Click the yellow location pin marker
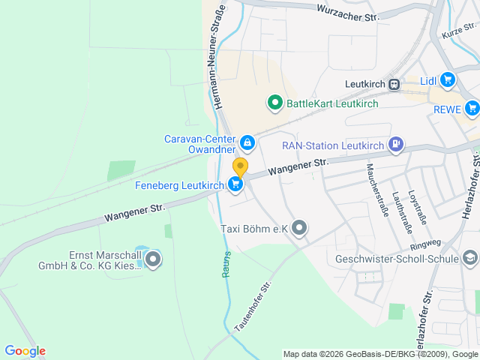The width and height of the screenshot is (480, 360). pyautogui.click(x=240, y=166)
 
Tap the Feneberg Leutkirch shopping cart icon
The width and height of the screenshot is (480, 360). pyautogui.click(x=236, y=184)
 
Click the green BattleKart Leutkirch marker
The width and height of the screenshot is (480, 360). pyautogui.click(x=274, y=103)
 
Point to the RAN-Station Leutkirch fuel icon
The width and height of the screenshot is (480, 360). pyautogui.click(x=395, y=144)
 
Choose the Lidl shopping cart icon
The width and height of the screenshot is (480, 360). pyautogui.click(x=448, y=79)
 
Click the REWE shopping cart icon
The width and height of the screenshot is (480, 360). pyautogui.click(x=472, y=109)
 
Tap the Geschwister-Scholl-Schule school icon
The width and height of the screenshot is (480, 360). pyautogui.click(x=470, y=259)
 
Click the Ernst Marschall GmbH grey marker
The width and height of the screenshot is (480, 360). pyautogui.click(x=154, y=260)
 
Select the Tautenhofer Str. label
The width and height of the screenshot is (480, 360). pyautogui.click(x=253, y=307)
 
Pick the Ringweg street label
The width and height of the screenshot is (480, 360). pyautogui.click(x=425, y=245)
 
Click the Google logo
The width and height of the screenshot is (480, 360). pyautogui.click(x=25, y=351)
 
